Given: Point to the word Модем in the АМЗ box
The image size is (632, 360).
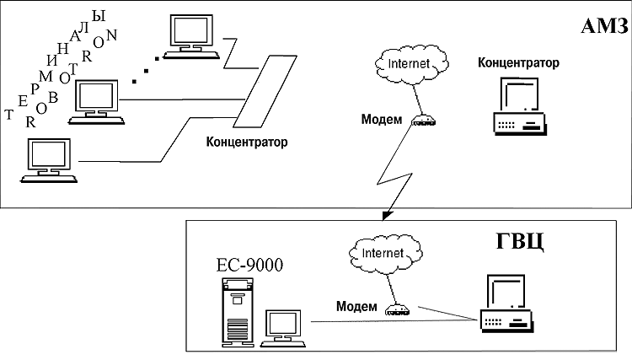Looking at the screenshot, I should tap(382, 119).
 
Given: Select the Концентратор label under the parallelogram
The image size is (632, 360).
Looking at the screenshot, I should tap(247, 142).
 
